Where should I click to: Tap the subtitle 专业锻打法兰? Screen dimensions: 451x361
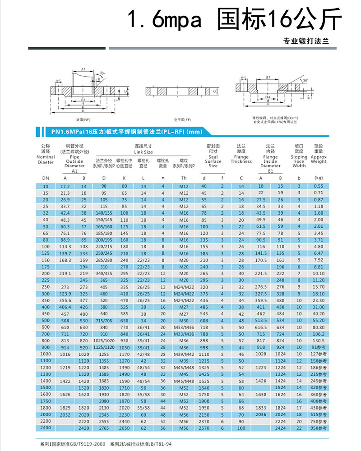pos(306,41)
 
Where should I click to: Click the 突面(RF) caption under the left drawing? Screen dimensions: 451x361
pos(83,120)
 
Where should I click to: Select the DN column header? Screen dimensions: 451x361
pos(45,178)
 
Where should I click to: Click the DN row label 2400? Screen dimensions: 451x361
pos(45,428)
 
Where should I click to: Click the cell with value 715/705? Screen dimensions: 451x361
pos(104,320)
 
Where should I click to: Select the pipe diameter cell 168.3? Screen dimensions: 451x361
pos(65,260)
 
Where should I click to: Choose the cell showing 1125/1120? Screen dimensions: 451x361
pos(104,347)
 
